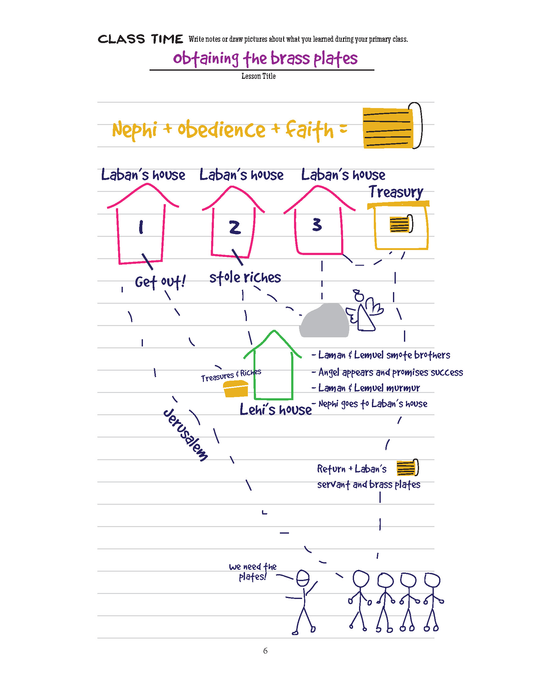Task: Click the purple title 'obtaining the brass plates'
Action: point(265,59)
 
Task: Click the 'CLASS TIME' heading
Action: point(140,39)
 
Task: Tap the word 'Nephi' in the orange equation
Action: point(134,130)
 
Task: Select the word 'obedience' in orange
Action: point(221,130)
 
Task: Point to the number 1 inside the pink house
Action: point(141,227)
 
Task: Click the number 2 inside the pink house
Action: point(235,227)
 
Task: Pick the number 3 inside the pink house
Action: point(317,225)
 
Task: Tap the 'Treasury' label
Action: point(396,192)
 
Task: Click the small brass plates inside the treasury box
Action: point(401,224)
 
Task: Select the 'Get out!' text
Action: point(160,282)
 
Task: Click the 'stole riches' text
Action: point(245,277)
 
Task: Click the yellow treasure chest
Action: point(236,389)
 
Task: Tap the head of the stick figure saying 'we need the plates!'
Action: point(303,578)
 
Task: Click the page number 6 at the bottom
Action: point(265,651)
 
